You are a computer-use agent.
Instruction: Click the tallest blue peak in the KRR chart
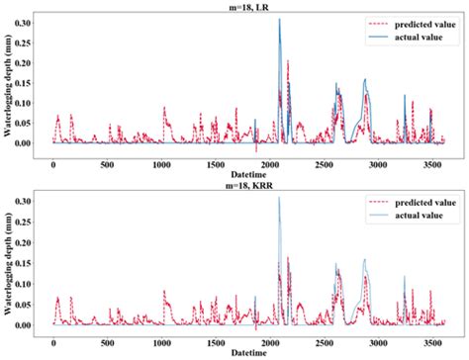279,198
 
